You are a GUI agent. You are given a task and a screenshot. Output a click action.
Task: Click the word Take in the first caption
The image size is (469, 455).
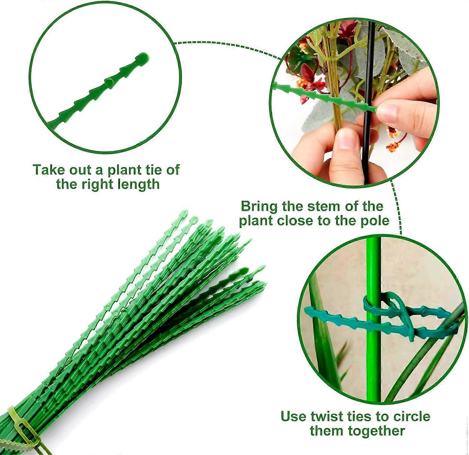47,170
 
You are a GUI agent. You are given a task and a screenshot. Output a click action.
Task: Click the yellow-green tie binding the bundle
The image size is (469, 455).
17,421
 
